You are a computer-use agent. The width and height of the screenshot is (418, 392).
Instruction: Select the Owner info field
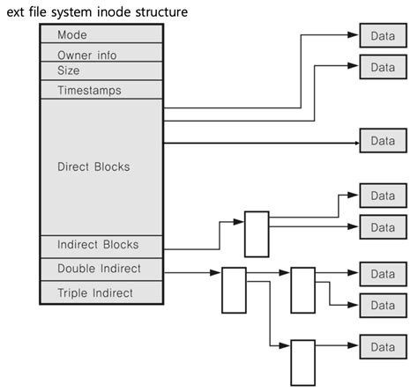pyautogui.click(x=101, y=55)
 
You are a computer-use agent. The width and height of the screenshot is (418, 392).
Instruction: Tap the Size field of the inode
pyautogui.click(x=101, y=70)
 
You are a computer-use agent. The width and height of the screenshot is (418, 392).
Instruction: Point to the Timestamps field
pyautogui.click(x=101, y=90)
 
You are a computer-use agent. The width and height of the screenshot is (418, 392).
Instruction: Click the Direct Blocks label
pyautogui.click(x=101, y=165)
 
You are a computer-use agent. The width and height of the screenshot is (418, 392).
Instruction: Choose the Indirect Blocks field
pyautogui.click(x=101, y=244)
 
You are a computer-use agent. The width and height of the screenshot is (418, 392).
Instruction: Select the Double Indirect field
pyautogui.click(x=101, y=268)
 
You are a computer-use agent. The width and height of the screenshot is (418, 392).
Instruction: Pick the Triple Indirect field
pyautogui.click(x=101, y=292)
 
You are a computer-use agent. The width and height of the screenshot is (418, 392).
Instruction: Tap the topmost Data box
pyautogui.click(x=382, y=35)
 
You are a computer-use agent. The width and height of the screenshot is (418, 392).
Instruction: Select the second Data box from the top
pyautogui.click(x=382, y=67)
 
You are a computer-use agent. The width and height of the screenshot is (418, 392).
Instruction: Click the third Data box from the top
pyautogui.click(x=382, y=141)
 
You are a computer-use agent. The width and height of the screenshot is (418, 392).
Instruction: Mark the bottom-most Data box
pyautogui.click(x=382, y=347)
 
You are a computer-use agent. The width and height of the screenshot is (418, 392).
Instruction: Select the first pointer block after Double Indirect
pyautogui.click(x=234, y=290)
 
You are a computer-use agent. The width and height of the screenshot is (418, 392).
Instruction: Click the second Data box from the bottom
pyautogui.click(x=382, y=305)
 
